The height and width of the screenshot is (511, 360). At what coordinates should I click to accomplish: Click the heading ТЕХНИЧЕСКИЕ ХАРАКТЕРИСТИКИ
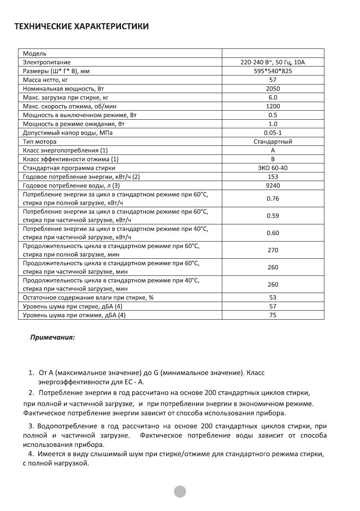click(82, 27)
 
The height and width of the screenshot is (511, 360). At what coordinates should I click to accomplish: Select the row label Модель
click(34, 54)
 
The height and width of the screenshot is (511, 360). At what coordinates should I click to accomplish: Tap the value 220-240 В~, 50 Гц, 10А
click(273, 62)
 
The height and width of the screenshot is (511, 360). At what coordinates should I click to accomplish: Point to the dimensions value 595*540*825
click(273, 71)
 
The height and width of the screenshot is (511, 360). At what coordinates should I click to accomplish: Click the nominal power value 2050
click(273, 89)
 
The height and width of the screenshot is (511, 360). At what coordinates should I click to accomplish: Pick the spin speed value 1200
click(273, 106)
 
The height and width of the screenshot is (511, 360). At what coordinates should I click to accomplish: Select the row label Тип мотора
click(39, 142)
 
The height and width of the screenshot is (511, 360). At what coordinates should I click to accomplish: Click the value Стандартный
click(273, 142)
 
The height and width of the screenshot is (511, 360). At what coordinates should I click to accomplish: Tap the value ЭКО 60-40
click(273, 168)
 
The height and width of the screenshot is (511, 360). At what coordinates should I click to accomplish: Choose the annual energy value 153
click(273, 177)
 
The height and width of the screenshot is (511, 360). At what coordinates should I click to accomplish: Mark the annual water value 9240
click(273, 185)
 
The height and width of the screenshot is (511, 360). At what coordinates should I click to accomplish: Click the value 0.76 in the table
click(273, 199)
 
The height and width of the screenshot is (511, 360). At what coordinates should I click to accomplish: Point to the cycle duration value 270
click(273, 250)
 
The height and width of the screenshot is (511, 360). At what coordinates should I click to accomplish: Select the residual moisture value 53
click(273, 297)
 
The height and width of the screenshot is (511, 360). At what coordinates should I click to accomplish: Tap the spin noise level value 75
click(273, 315)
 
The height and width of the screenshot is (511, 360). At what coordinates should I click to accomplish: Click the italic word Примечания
click(52, 338)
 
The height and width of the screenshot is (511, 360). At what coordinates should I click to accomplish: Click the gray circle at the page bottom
click(180, 491)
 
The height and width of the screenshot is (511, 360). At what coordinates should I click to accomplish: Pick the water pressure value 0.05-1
click(273, 133)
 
